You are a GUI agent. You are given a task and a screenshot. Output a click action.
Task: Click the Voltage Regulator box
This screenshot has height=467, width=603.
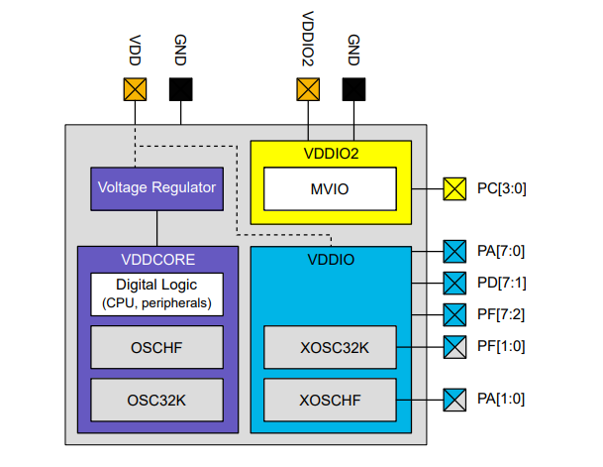(x=156, y=187)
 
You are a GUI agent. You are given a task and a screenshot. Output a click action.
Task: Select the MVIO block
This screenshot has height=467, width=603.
(x=329, y=187)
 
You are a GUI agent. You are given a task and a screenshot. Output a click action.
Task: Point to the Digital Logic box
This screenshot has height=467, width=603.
(x=156, y=292)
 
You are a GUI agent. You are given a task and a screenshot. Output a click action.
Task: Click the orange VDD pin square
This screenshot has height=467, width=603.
(x=135, y=89)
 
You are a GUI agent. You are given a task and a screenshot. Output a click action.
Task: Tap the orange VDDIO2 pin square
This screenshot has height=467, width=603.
(x=308, y=89)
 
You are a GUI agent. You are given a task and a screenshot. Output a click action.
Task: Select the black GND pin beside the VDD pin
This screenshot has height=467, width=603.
(x=180, y=89)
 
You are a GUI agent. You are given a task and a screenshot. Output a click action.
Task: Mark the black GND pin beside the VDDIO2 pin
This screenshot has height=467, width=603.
(x=352, y=89)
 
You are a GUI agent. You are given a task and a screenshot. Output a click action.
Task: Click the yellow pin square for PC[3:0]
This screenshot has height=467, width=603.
(x=453, y=187)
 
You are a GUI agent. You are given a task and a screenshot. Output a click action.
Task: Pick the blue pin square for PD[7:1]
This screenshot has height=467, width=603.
(x=453, y=283)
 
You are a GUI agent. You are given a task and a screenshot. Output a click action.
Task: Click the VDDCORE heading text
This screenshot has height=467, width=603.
(x=156, y=260)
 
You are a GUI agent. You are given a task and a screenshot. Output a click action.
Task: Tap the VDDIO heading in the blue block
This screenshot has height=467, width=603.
(x=329, y=260)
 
